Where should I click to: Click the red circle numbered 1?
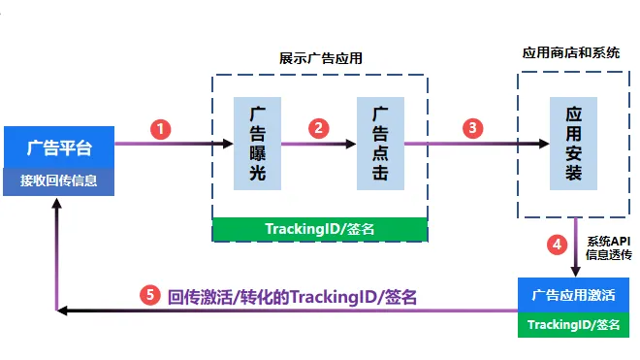pos(162,128)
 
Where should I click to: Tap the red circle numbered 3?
pos(472,128)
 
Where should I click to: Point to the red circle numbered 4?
pos(557,245)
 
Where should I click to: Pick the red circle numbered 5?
pos(148,297)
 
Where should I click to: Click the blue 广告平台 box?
pos(60,147)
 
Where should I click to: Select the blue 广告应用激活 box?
pos(574,294)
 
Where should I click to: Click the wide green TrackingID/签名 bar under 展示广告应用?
pos(319,229)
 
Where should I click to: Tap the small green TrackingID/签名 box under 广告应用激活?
pos(574,324)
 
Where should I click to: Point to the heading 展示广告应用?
pos(319,56)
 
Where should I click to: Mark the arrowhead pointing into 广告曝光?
pos(228,144)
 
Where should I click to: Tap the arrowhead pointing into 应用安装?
pos(544,144)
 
